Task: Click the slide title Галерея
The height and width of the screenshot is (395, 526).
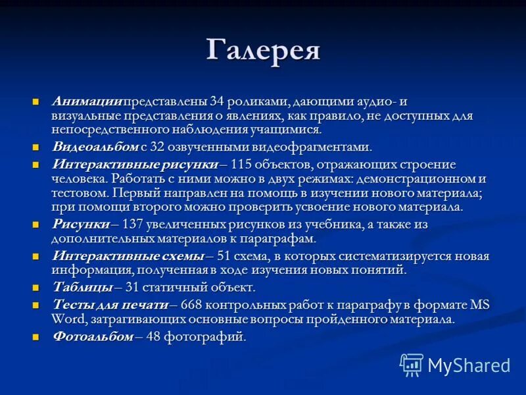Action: click(x=263, y=50)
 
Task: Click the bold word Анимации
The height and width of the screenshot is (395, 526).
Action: click(x=87, y=101)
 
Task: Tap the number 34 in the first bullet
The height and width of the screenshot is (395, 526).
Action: click(x=218, y=101)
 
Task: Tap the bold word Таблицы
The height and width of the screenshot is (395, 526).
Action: click(x=82, y=287)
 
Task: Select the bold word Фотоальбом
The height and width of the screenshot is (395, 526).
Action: click(x=93, y=337)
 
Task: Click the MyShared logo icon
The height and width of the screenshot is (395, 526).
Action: click(x=412, y=364)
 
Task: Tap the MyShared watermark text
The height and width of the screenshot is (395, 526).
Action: click(x=469, y=365)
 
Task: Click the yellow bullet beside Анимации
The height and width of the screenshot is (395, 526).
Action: click(x=37, y=102)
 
